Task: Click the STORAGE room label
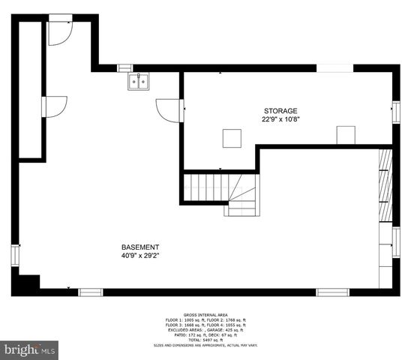280,111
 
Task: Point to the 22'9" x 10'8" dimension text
280,119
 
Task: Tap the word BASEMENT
140,247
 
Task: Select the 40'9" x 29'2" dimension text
140,256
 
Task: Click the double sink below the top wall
138,82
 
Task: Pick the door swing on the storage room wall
169,110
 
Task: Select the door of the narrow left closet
55,106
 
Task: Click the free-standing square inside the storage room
232,139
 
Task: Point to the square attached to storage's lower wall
345,135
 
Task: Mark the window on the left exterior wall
15,255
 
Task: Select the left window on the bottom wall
91,292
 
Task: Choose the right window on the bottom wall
332,292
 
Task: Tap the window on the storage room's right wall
396,112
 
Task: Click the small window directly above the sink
125,68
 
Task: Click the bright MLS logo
30,349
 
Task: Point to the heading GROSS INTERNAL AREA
205,315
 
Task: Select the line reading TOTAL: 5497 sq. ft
205,340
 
